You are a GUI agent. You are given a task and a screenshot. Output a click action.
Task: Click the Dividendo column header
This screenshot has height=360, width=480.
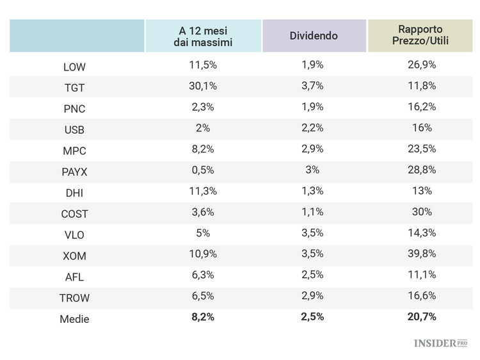click(314, 36)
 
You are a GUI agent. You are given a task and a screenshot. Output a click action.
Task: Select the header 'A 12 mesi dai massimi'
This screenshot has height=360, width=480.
click(203, 36)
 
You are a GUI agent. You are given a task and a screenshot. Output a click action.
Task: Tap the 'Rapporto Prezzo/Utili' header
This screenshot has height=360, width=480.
click(420, 36)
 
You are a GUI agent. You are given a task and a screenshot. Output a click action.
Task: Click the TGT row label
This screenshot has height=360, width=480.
click(74, 88)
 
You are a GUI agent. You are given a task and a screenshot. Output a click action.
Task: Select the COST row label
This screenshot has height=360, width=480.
click(74, 214)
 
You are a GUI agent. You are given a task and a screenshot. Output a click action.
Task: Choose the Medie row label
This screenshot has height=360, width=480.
click(74, 319)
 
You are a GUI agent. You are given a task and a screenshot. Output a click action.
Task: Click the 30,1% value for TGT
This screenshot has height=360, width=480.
click(204, 86)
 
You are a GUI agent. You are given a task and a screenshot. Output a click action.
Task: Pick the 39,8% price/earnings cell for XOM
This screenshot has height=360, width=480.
click(422, 254)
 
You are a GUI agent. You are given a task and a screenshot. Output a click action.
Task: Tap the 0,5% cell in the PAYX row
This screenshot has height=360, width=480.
click(204, 170)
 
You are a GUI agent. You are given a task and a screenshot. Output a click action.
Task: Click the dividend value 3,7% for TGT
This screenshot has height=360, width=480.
click(312, 86)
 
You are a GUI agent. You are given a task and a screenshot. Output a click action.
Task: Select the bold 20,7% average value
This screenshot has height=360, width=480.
click(422, 317)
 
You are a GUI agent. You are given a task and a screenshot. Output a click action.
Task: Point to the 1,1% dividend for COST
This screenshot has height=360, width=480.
click(312, 212)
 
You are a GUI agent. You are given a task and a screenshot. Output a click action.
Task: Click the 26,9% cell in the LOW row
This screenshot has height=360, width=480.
click(422, 65)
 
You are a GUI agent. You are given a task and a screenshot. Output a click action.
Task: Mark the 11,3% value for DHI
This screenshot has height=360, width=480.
click(204, 191)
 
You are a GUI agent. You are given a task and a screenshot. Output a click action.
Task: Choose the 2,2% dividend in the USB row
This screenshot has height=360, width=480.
click(312, 128)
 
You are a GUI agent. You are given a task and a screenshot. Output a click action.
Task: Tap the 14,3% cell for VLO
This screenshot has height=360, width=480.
click(422, 233)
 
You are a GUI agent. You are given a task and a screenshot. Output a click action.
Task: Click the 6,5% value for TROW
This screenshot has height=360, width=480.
click(204, 296)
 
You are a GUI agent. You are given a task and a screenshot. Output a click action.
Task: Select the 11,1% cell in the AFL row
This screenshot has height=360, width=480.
click(422, 275)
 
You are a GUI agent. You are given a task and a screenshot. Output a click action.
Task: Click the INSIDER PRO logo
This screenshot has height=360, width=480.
click(440, 343)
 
